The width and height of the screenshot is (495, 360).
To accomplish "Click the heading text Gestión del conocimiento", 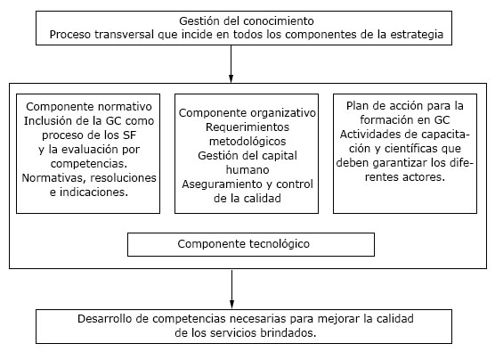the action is (247, 21).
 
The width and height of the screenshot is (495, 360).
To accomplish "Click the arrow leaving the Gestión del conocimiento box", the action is (231, 64).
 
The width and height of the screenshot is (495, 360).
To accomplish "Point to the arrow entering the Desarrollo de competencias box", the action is (232, 290).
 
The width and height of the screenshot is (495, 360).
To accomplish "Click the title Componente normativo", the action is (89, 107).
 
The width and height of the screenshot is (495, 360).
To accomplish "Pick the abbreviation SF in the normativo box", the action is (129, 135).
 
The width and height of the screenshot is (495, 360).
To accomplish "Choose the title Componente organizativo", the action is (247, 113).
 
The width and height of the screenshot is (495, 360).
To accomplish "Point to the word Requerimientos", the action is (247, 127).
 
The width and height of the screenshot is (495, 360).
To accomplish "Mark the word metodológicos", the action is (247, 142).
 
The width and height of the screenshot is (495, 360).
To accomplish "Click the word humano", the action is (247, 169).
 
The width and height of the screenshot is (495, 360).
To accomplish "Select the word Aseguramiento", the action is (218, 184).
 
